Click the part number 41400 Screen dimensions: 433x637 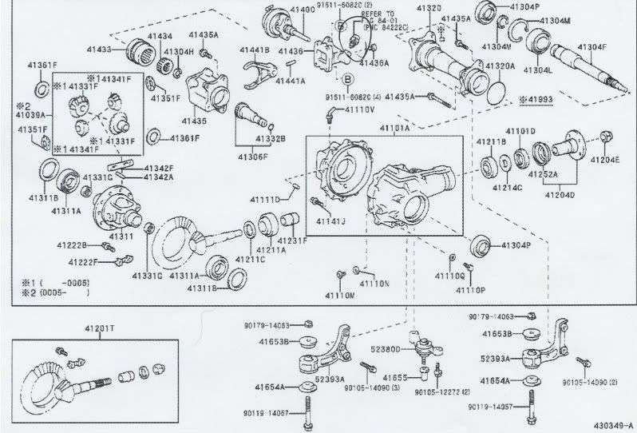302,10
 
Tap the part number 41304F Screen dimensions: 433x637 591,47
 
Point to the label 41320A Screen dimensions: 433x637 500,66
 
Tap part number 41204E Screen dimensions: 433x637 604,160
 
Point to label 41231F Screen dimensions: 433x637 292,240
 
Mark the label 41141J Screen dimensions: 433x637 329,220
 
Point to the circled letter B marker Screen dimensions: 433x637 347,78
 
